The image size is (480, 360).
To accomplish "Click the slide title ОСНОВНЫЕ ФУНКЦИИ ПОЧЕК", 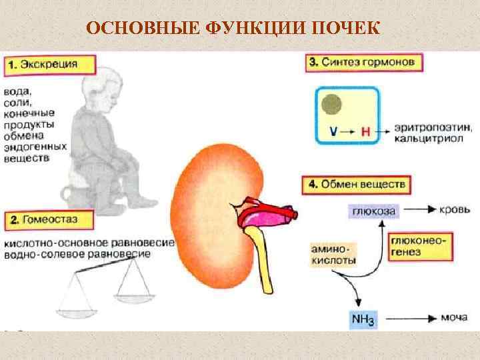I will [233, 28].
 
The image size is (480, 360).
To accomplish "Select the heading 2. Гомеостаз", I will [45, 219].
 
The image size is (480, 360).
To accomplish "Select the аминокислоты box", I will [334, 255].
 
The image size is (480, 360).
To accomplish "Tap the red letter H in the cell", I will [365, 131].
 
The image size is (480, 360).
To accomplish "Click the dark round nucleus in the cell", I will [331, 103].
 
